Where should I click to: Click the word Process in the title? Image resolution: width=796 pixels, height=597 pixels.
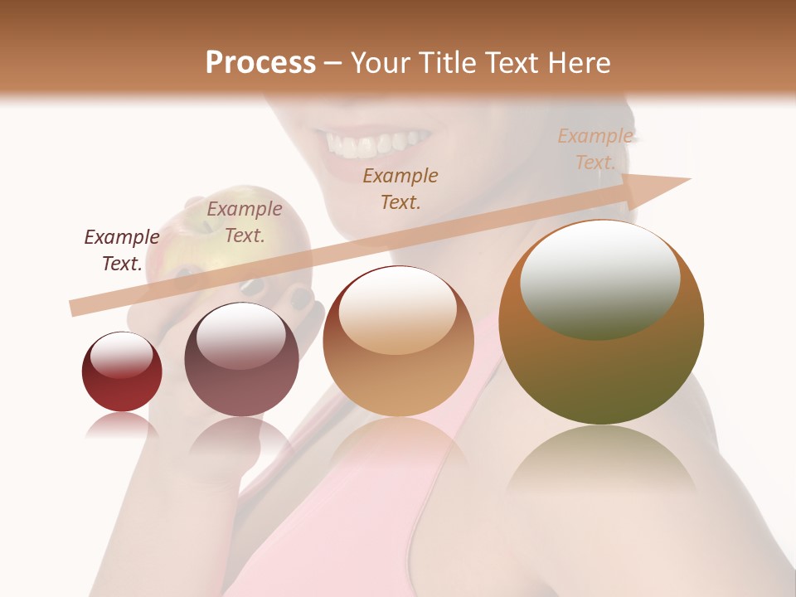260,62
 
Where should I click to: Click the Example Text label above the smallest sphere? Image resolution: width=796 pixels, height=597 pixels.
122,250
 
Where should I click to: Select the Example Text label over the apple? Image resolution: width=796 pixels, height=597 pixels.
245,222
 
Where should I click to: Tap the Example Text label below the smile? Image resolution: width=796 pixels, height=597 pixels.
400,188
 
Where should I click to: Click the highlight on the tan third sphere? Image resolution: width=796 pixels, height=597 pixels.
398,311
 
